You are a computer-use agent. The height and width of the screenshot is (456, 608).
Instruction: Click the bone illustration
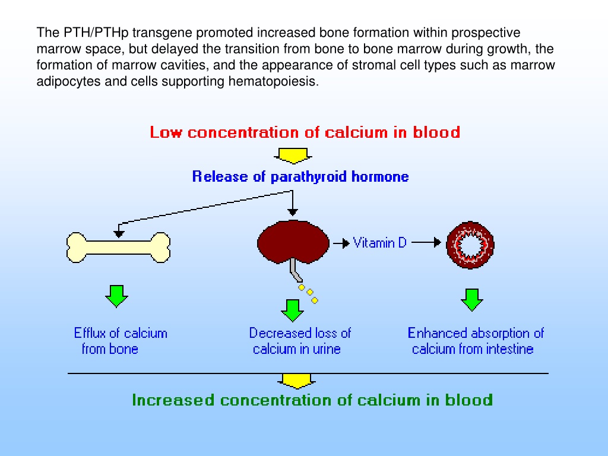point(118,248)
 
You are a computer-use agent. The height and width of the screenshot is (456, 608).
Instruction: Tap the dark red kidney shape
point(293,241)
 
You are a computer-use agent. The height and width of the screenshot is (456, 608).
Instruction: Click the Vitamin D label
point(379,243)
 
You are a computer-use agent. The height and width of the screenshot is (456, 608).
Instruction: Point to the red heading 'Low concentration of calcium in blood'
point(305,132)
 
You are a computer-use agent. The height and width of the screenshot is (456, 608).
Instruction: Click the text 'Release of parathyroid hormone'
point(300,176)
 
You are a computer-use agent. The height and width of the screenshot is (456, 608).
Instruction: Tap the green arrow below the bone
point(117,296)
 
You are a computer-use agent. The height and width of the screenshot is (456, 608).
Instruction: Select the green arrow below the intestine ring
point(472,300)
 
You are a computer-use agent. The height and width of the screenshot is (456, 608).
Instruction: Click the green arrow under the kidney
point(292,311)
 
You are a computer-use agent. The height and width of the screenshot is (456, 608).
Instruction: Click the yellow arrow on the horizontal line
point(297,381)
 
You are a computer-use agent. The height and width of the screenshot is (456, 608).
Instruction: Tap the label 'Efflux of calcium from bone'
point(120,341)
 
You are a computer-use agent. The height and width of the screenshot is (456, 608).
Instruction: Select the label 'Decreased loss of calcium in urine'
point(300,341)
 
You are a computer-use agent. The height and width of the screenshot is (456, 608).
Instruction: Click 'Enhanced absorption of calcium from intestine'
point(476,341)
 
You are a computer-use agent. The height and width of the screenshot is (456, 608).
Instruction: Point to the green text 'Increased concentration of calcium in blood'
point(312,400)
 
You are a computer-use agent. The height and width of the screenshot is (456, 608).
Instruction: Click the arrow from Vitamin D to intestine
point(426,243)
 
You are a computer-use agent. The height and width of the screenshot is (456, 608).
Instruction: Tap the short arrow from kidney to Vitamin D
point(341,243)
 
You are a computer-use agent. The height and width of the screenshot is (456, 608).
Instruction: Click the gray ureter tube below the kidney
point(296,270)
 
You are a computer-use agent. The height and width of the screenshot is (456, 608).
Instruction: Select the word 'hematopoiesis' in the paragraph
point(273,81)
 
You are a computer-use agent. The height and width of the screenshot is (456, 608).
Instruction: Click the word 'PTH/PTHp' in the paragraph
point(96,33)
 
